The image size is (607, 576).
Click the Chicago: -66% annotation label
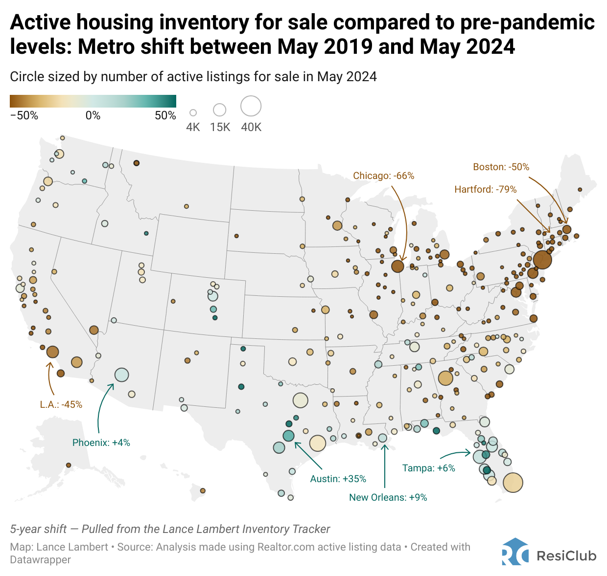point(383,176)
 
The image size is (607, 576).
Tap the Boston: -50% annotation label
point(501,167)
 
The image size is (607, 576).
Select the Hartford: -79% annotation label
point(485,189)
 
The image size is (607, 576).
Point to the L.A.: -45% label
point(61,404)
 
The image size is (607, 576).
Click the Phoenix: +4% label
point(101,443)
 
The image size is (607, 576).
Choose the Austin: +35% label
point(338,479)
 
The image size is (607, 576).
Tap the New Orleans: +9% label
point(388,497)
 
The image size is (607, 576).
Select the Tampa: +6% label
point(428,468)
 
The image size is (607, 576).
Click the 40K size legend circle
point(251,106)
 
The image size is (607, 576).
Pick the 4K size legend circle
point(193,113)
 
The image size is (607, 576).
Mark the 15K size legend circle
point(220,110)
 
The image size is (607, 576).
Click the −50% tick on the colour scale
point(24,116)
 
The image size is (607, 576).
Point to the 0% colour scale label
point(93,116)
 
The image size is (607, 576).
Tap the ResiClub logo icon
point(515,552)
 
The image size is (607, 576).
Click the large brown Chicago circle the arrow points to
point(397,266)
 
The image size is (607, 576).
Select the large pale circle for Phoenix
point(121,375)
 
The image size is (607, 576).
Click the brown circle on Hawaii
point(203,490)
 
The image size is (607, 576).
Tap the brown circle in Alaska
point(69,465)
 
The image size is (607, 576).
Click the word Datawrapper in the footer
point(40,560)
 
